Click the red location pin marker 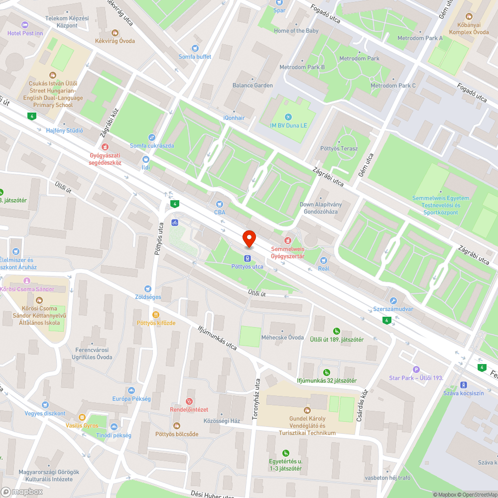pyautogui.click(x=249, y=239)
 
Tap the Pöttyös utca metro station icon pyautogui.click(x=247, y=258)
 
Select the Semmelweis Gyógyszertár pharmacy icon pyautogui.click(x=287, y=241)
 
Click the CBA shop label pyautogui.click(x=220, y=212)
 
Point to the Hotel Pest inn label pyautogui.click(x=25, y=33)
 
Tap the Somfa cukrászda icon pyautogui.click(x=152, y=137)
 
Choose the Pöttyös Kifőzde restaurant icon pyautogui.click(x=156, y=315)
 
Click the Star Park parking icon pyautogui.click(x=416, y=370)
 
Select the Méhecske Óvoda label pyautogui.click(x=282, y=337)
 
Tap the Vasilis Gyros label pyautogui.click(x=82, y=425)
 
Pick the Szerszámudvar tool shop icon pyautogui.click(x=393, y=301)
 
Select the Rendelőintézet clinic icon pyautogui.click(x=189, y=401)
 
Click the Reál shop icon pyautogui.click(x=324, y=260)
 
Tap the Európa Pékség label pyautogui.click(x=131, y=399)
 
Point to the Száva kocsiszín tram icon pyautogui.click(x=464, y=385)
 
